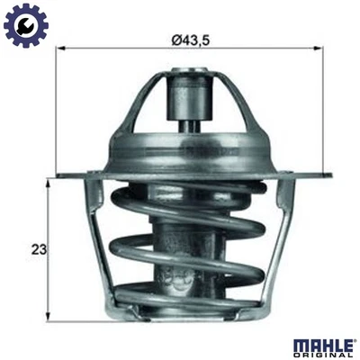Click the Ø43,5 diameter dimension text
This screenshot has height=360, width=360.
point(187,40)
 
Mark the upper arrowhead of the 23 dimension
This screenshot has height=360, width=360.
point(48,181)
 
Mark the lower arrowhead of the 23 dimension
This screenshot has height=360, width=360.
point(48,316)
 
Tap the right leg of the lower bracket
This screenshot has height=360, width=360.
point(278,243)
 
